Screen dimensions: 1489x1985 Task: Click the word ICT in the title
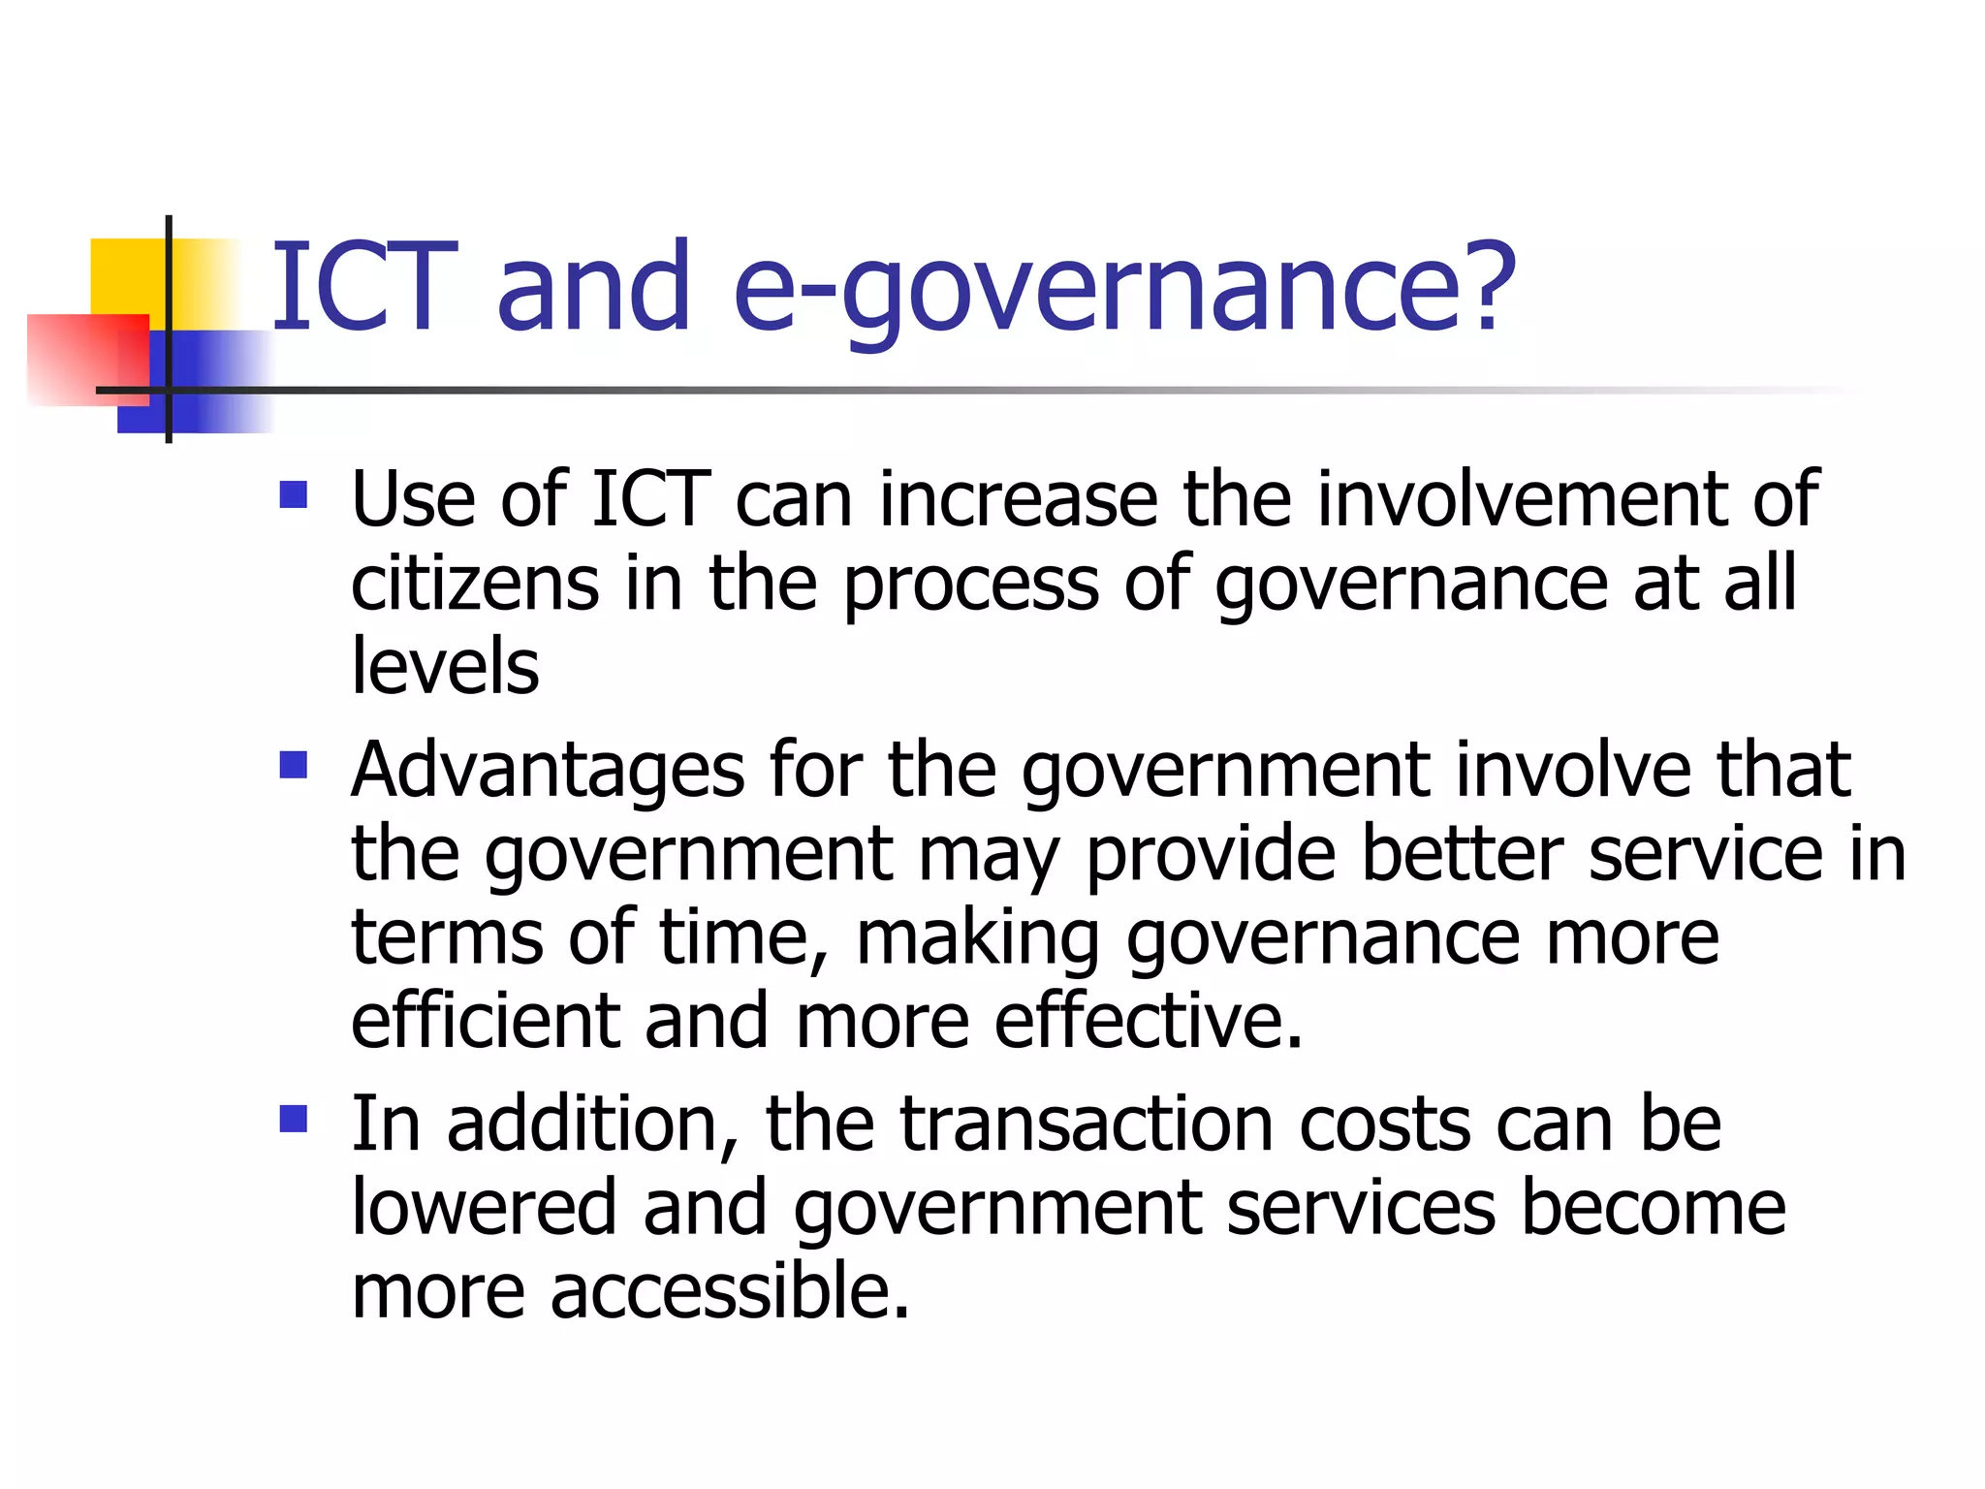[363, 288]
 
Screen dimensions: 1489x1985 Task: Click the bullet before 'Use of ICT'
[293, 495]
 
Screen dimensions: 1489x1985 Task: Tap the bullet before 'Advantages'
[293, 766]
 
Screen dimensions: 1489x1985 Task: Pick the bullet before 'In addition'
[293, 1120]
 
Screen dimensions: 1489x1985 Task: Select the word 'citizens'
[475, 584]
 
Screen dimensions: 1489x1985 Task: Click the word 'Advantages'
[548, 771]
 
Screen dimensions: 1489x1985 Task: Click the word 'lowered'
[484, 1208]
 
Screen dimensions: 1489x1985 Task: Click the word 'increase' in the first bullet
[1018, 499]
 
